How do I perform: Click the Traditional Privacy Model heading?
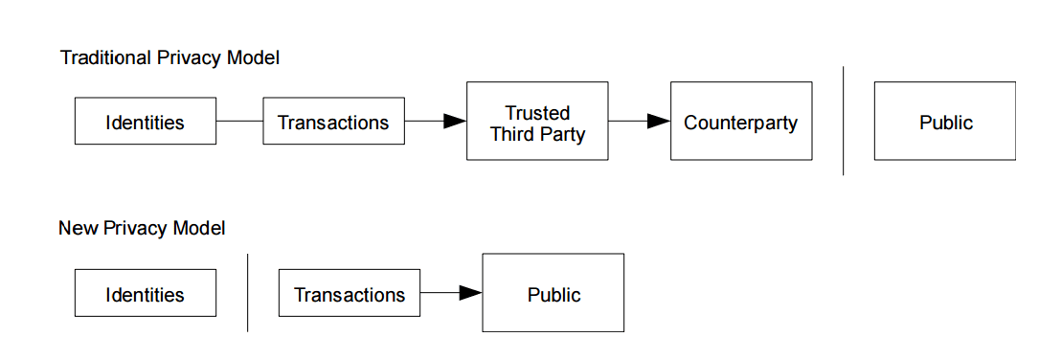coord(169,57)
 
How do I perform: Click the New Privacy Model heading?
coord(142,228)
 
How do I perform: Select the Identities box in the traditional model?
coord(145,122)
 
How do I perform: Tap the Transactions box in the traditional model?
coord(333,122)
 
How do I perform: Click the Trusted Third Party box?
coord(536,122)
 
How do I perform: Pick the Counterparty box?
coord(740,122)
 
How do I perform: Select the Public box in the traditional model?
coord(944,122)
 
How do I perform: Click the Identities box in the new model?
coord(145,293)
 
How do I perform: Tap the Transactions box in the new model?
coord(349,293)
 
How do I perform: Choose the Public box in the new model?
coord(553,293)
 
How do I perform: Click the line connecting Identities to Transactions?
coord(239,122)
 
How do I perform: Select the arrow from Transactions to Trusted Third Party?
coord(435,122)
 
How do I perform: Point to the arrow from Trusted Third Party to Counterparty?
coord(639,122)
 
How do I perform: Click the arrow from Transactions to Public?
coord(450,293)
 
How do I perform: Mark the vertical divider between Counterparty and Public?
coord(843,122)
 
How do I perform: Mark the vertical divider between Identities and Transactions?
coord(247,293)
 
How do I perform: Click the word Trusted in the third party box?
coord(537,113)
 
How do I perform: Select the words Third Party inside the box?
coord(537,133)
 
